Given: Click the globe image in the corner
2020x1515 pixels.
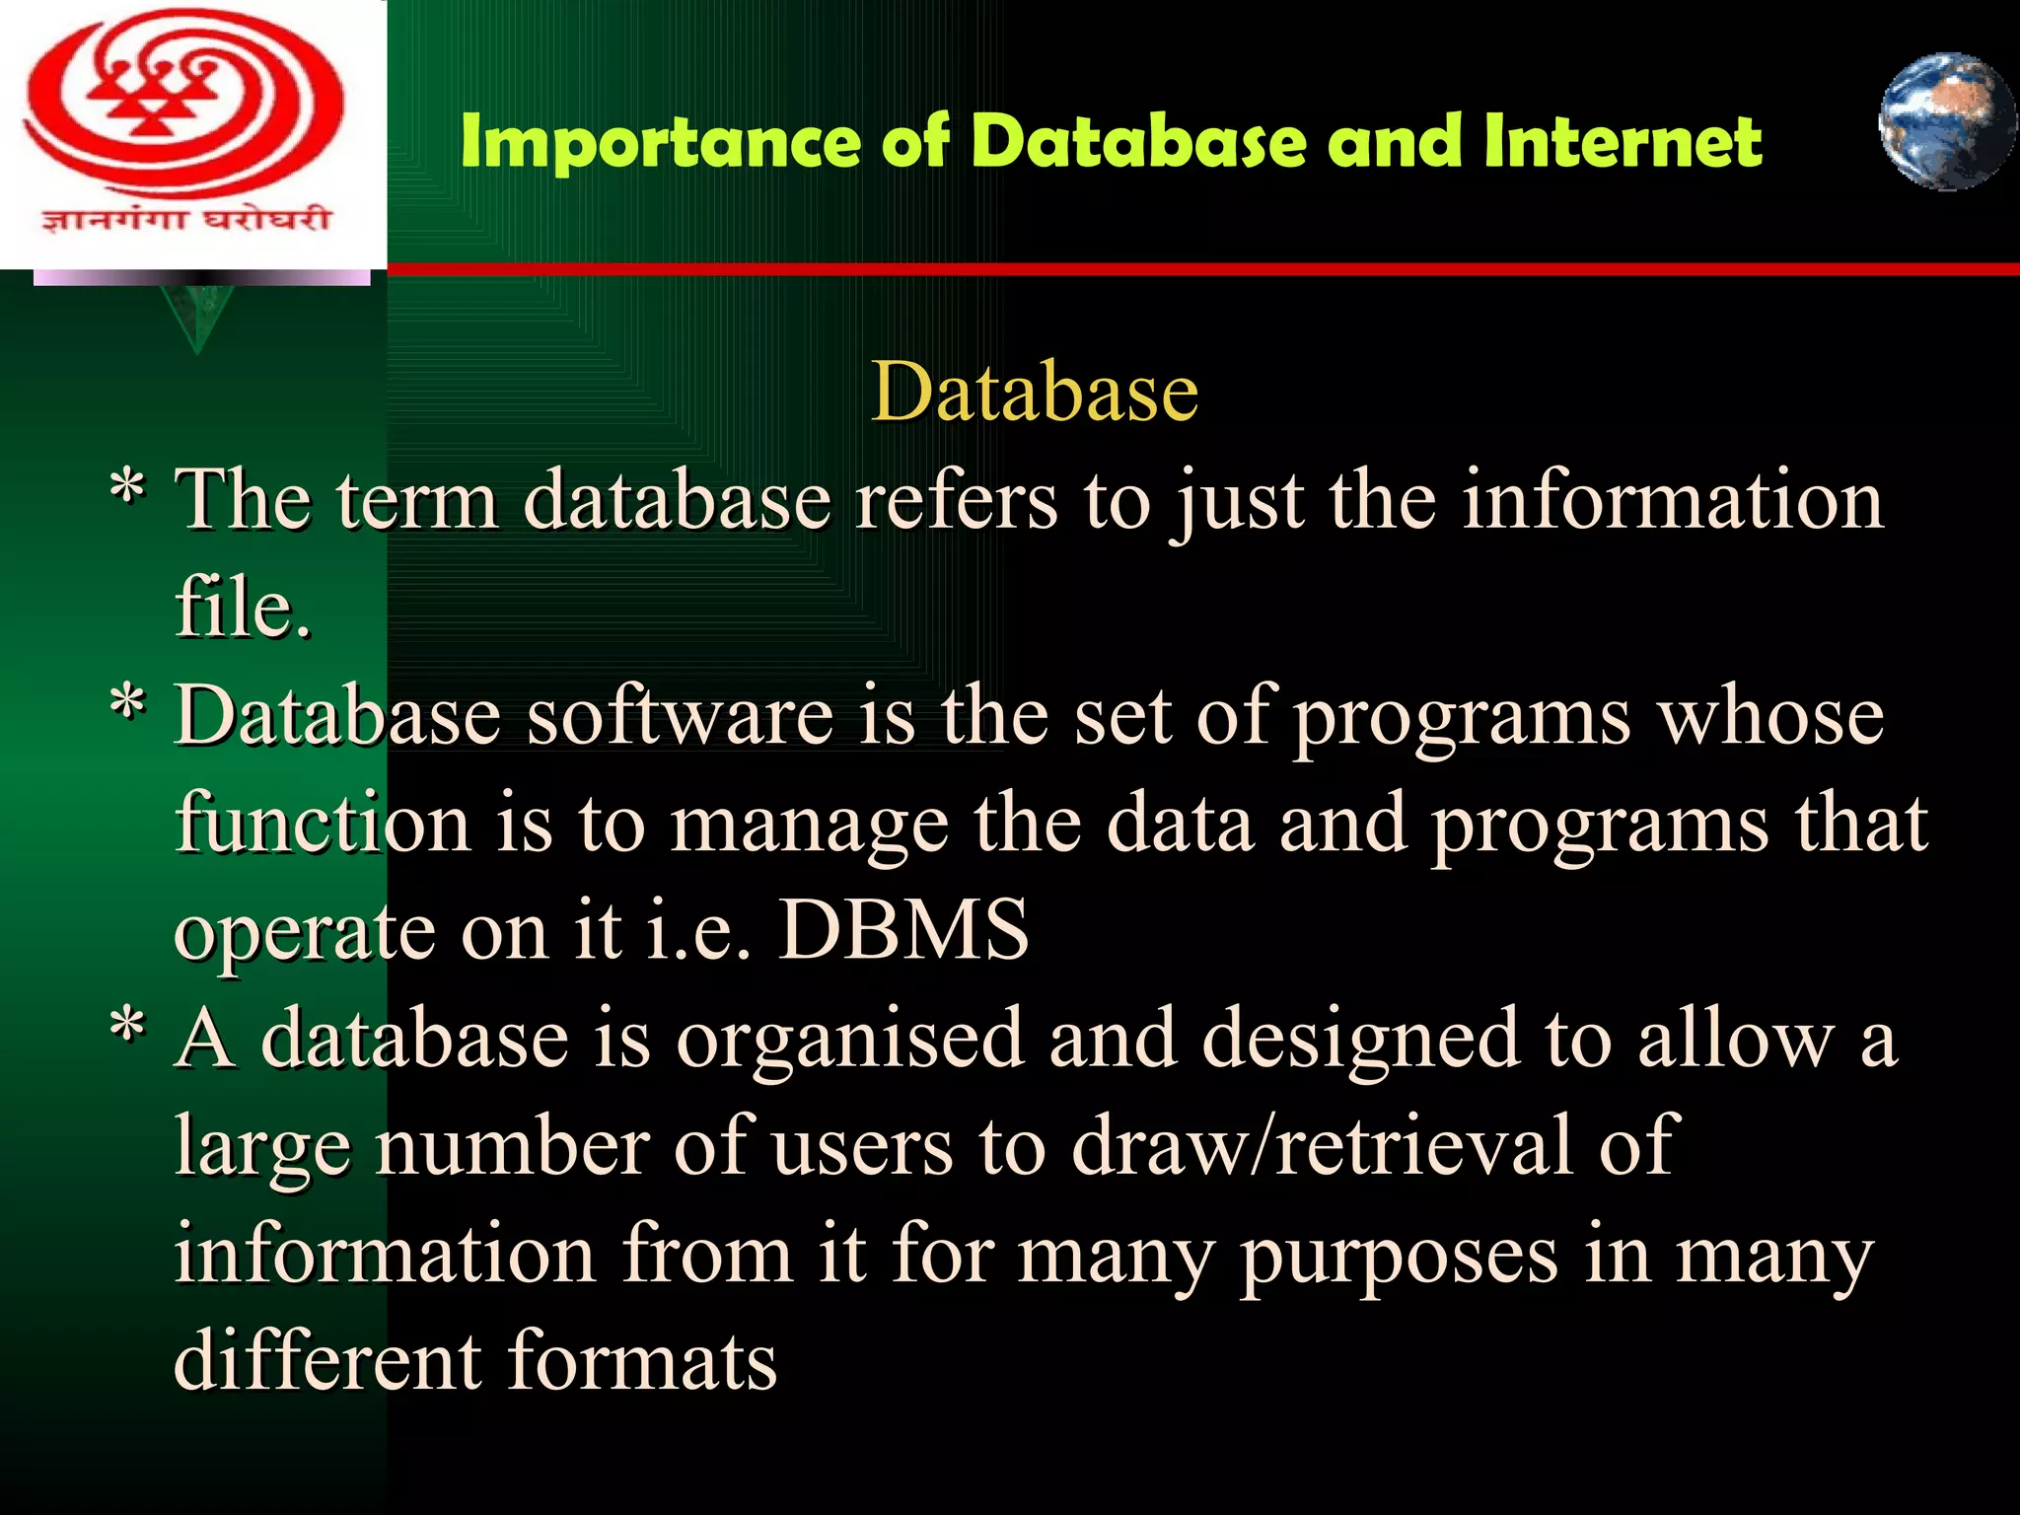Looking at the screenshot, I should pos(1946,121).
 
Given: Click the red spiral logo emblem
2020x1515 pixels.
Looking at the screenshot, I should pos(184,104).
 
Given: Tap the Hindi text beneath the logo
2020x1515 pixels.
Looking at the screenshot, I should pos(184,218).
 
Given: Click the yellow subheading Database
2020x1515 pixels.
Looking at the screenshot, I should pos(1034,392).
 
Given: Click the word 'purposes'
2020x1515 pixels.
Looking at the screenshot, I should pos(1399,1257).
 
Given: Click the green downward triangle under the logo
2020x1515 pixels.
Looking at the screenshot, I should pos(198,318).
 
